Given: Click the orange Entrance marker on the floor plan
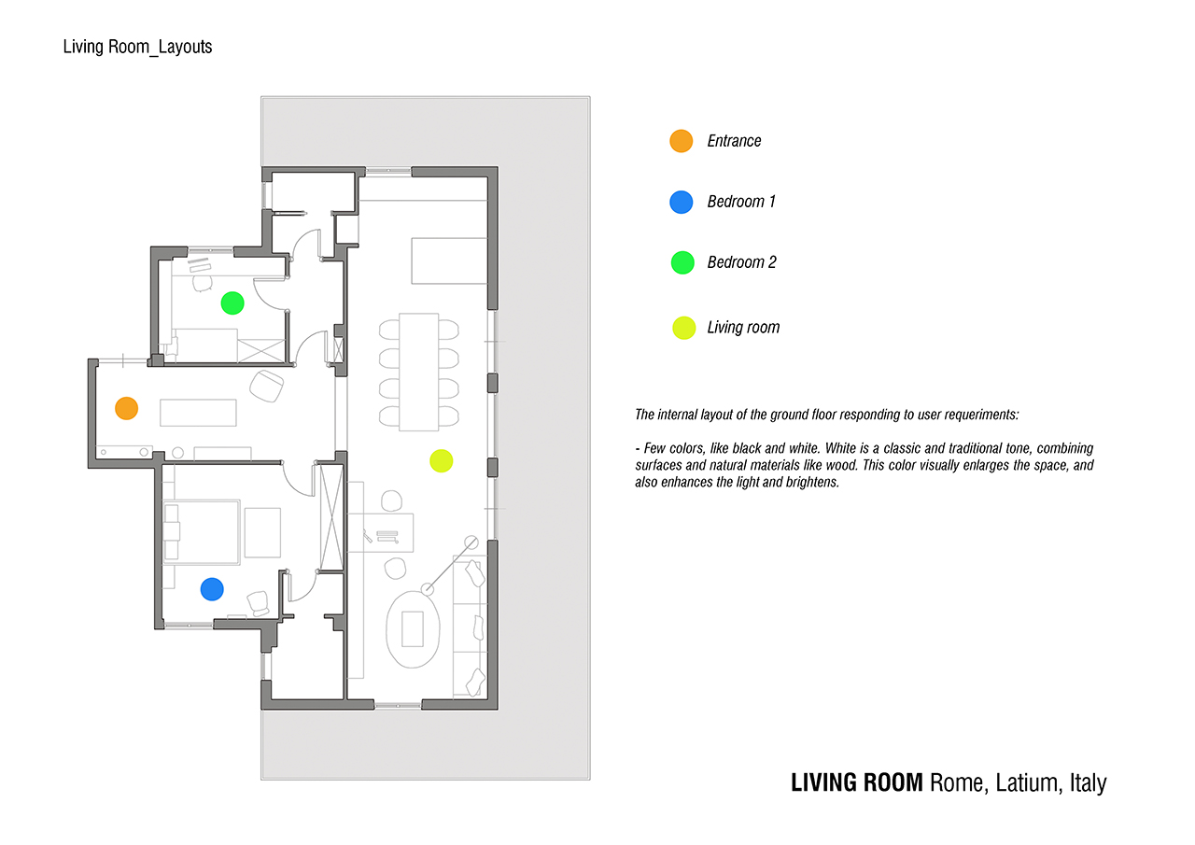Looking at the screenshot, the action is [126, 408].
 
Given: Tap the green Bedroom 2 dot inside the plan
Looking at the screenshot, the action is [232, 303].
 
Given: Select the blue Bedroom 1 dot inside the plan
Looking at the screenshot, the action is [212, 588].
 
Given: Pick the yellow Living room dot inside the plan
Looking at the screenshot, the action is [441, 460].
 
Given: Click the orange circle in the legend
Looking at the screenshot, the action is [682, 141].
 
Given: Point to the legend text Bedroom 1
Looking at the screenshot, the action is [741, 202].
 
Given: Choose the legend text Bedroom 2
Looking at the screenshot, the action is [741, 262].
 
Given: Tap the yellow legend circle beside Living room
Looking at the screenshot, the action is [684, 328].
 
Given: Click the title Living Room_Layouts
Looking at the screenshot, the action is [137, 46].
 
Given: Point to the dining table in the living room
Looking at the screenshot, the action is [419, 372].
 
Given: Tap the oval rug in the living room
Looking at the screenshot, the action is [413, 628].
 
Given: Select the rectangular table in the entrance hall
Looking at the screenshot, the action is [198, 412].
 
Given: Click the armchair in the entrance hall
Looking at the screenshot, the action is [267, 386].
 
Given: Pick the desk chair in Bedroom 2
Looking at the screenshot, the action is [203, 281].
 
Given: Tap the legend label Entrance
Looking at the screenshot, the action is [734, 141].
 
